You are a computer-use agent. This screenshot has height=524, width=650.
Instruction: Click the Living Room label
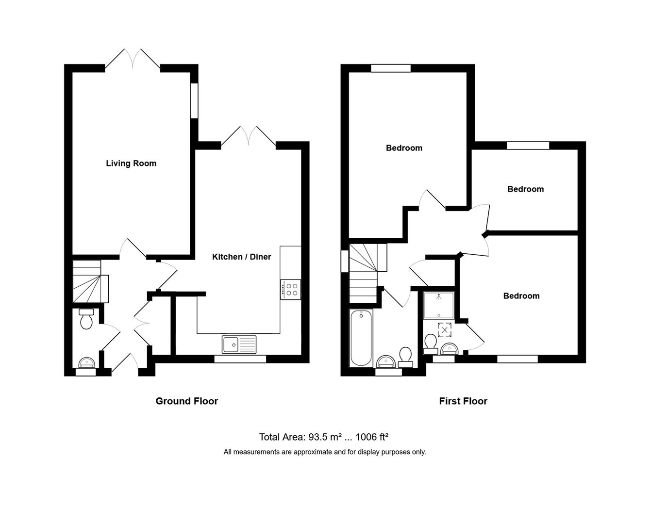pos(131,164)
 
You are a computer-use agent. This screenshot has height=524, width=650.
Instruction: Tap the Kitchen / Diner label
pos(241,257)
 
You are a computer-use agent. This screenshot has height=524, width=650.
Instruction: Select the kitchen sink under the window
pos(239,344)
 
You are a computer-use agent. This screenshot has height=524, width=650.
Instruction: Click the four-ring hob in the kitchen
pos(291,290)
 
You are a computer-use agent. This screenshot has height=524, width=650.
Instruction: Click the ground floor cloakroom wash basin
pos(87,362)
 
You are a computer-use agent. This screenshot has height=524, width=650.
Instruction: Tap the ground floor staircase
pos(88,282)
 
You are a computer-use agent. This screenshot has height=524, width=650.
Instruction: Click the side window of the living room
pos(194,101)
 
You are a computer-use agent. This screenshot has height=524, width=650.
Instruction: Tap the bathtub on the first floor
pos(361,339)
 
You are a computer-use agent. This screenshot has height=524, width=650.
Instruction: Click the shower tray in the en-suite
pos(438,305)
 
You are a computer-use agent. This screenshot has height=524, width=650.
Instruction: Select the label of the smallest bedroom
pos(525,189)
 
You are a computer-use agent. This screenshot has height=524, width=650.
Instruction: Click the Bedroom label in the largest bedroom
pos(404,148)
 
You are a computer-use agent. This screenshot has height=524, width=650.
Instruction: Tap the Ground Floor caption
pos(186,401)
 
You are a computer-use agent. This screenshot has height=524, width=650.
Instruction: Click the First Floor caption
pos(463,401)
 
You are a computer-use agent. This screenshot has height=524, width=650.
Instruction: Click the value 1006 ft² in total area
pos(371,437)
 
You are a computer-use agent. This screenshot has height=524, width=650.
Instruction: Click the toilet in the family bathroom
pos(405,356)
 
